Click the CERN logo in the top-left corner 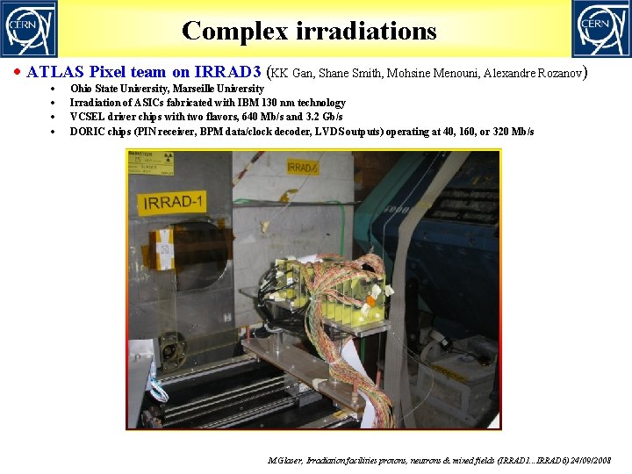29,28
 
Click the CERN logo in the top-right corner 601,28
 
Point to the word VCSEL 87,117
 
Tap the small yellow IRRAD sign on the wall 303,167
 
